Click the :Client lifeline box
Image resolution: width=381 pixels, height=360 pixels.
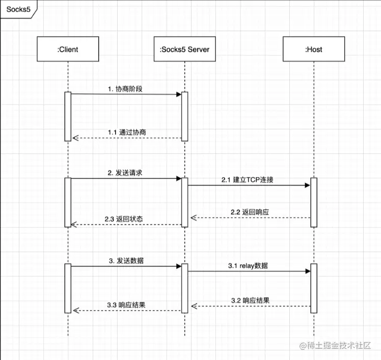(x=68, y=49)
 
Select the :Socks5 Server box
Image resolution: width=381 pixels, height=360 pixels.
(x=184, y=49)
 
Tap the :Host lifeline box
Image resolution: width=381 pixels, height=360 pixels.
(x=313, y=49)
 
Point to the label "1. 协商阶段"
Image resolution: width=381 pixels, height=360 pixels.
(x=125, y=89)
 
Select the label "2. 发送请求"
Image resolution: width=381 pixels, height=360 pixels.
(x=125, y=173)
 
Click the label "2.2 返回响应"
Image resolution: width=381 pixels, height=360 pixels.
(x=250, y=211)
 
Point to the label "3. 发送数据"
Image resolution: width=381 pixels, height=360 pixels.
(x=126, y=260)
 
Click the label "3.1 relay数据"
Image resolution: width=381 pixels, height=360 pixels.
(x=248, y=265)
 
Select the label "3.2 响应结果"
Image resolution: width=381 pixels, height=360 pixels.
(x=250, y=300)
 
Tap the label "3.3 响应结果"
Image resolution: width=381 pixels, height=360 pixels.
(x=127, y=304)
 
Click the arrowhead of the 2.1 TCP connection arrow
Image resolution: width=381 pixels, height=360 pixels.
(x=307, y=185)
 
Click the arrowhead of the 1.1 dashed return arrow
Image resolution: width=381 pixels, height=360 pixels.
(x=75, y=138)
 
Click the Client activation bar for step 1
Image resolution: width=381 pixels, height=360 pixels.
(x=68, y=116)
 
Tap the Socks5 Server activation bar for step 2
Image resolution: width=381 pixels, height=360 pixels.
(x=185, y=202)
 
